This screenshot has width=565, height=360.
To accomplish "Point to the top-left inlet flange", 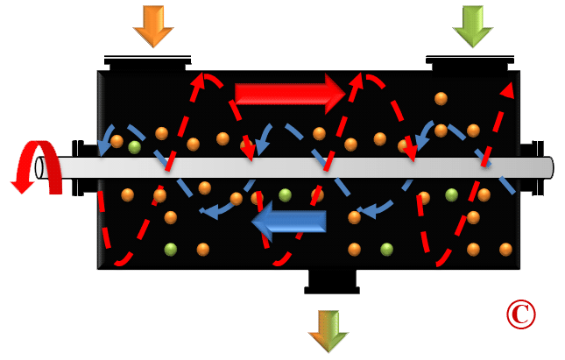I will click(147, 63).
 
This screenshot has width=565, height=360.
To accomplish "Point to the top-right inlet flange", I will click(471, 63).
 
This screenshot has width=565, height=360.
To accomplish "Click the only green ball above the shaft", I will click(134, 147).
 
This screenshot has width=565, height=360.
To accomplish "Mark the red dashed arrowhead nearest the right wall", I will click(505, 89).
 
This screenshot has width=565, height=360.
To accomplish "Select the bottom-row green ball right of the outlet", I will click(385, 250).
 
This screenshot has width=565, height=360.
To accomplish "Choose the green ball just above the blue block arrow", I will click(285, 194).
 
